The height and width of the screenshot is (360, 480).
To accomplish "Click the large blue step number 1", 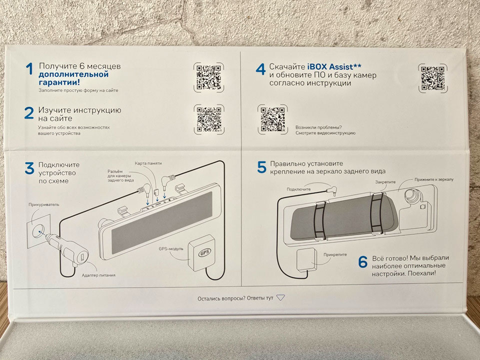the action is [29, 68].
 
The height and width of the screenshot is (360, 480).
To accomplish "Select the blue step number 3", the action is [29, 168].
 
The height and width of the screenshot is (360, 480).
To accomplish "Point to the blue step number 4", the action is [260, 69].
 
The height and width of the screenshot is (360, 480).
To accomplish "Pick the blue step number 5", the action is [261, 167].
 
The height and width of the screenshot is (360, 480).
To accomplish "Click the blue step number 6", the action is [363, 261].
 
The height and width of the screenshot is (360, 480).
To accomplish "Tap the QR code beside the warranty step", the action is [208, 77].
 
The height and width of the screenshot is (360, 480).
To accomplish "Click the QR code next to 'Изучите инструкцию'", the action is [209, 119].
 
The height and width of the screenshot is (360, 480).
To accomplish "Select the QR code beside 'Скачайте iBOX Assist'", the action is [432, 78].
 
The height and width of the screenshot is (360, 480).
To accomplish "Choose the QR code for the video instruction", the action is [272, 119].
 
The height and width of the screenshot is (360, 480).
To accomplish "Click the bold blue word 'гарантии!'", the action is [59, 82].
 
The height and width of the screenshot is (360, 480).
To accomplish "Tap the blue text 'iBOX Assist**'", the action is [334, 66].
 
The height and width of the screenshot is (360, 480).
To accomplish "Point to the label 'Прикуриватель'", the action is [44, 204].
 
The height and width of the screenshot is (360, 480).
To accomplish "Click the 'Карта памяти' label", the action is [148, 163].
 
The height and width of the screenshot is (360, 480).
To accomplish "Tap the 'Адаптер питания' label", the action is [98, 275].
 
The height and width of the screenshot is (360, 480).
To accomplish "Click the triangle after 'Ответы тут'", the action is [280, 297].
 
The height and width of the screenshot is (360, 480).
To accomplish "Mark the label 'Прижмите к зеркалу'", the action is [434, 179].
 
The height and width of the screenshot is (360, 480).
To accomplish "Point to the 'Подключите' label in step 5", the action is [298, 189].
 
